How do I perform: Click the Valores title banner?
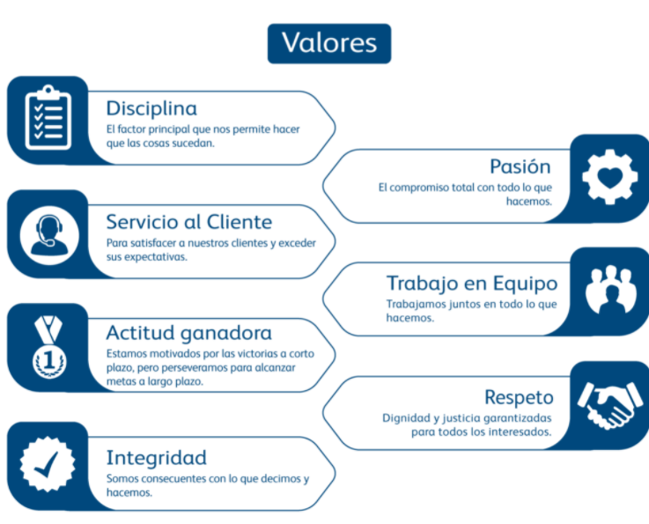tap(328, 43)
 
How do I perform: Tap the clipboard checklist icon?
tap(48, 119)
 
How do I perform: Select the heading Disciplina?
tap(151, 108)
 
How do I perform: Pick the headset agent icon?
tap(48, 233)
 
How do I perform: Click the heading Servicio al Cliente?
tap(189, 222)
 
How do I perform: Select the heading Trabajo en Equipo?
tap(471, 284)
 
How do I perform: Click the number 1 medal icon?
tap(47, 348)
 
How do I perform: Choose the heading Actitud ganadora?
tap(188, 333)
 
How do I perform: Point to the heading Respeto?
tap(519, 397)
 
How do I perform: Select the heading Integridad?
tap(156, 458)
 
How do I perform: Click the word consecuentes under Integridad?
tap(180, 479)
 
